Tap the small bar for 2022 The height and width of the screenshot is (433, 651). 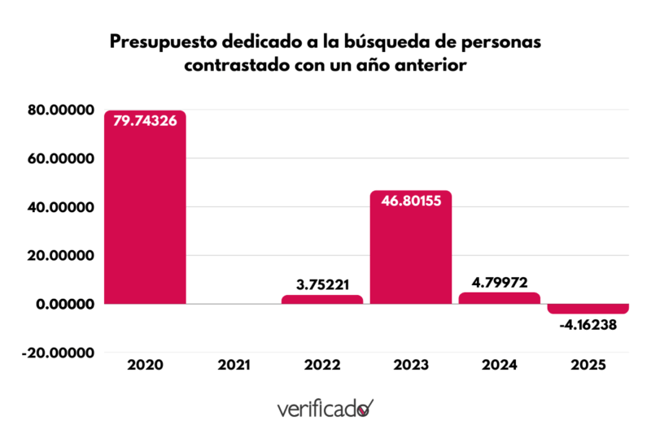[x=322, y=300]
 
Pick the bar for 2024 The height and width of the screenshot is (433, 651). [x=500, y=298]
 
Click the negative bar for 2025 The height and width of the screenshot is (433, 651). [x=588, y=309]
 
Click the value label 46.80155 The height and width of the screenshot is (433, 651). [x=411, y=201]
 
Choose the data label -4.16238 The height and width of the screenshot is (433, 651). [x=588, y=325]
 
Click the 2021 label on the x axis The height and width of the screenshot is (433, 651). [x=234, y=365]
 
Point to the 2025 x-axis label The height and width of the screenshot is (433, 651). [x=588, y=365]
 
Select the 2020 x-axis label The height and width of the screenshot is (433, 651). [x=145, y=365]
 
